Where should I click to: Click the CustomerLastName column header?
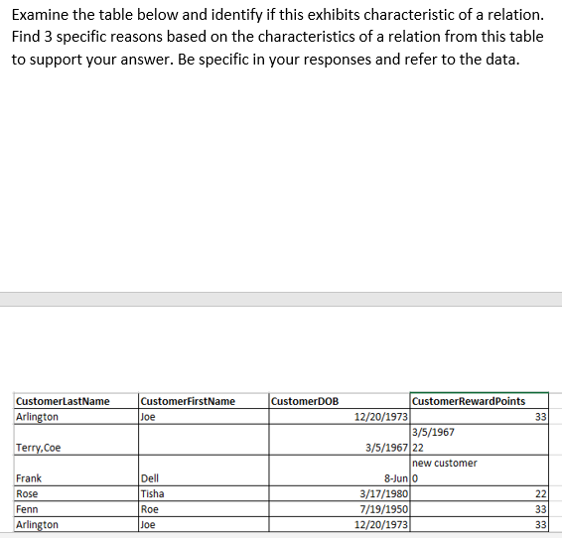click(63, 401)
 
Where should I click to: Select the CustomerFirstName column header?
click(189, 401)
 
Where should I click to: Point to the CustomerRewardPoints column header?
click(468, 401)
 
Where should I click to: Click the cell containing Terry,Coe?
click(38, 448)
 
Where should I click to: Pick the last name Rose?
click(27, 493)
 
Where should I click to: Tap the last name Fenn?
click(27, 508)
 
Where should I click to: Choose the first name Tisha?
click(153, 493)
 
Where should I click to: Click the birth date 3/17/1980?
click(382, 493)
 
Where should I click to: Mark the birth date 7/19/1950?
click(382, 508)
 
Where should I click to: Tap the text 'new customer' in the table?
click(444, 463)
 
